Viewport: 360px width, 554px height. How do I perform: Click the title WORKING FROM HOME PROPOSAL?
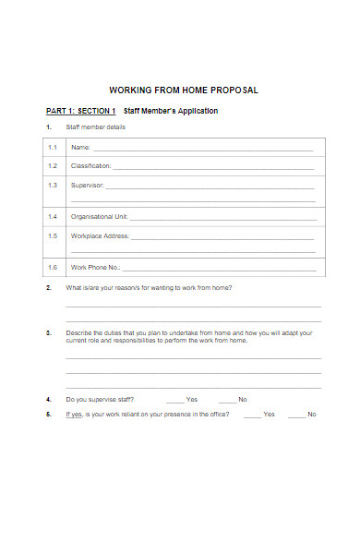coord(184,90)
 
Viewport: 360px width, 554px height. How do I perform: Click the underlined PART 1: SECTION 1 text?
coord(81,111)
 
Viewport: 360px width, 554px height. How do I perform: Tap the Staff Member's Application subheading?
coord(171,111)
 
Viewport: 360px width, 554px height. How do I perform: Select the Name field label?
coord(80,148)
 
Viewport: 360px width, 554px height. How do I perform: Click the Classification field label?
coord(90,166)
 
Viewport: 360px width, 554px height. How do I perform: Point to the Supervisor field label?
coord(88,185)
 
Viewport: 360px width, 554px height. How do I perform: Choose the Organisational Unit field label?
coord(99,217)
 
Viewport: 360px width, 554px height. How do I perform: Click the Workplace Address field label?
coord(100,235)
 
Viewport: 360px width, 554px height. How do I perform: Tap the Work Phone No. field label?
coord(96,268)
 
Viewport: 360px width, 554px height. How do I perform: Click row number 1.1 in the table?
coord(53,148)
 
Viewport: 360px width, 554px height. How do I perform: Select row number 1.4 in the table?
coord(53,217)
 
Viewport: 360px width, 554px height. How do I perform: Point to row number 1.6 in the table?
coord(53,268)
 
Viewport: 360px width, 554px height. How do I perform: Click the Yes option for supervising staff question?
coord(192,400)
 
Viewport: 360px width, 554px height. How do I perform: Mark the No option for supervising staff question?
coord(243,400)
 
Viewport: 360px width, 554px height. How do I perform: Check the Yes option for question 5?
coord(269,415)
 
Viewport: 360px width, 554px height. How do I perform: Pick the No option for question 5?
coord(312,415)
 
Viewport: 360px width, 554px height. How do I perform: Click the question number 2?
coord(48,288)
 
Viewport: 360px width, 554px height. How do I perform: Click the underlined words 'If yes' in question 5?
coord(74,415)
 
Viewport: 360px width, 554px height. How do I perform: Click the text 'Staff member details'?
coord(95,126)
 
